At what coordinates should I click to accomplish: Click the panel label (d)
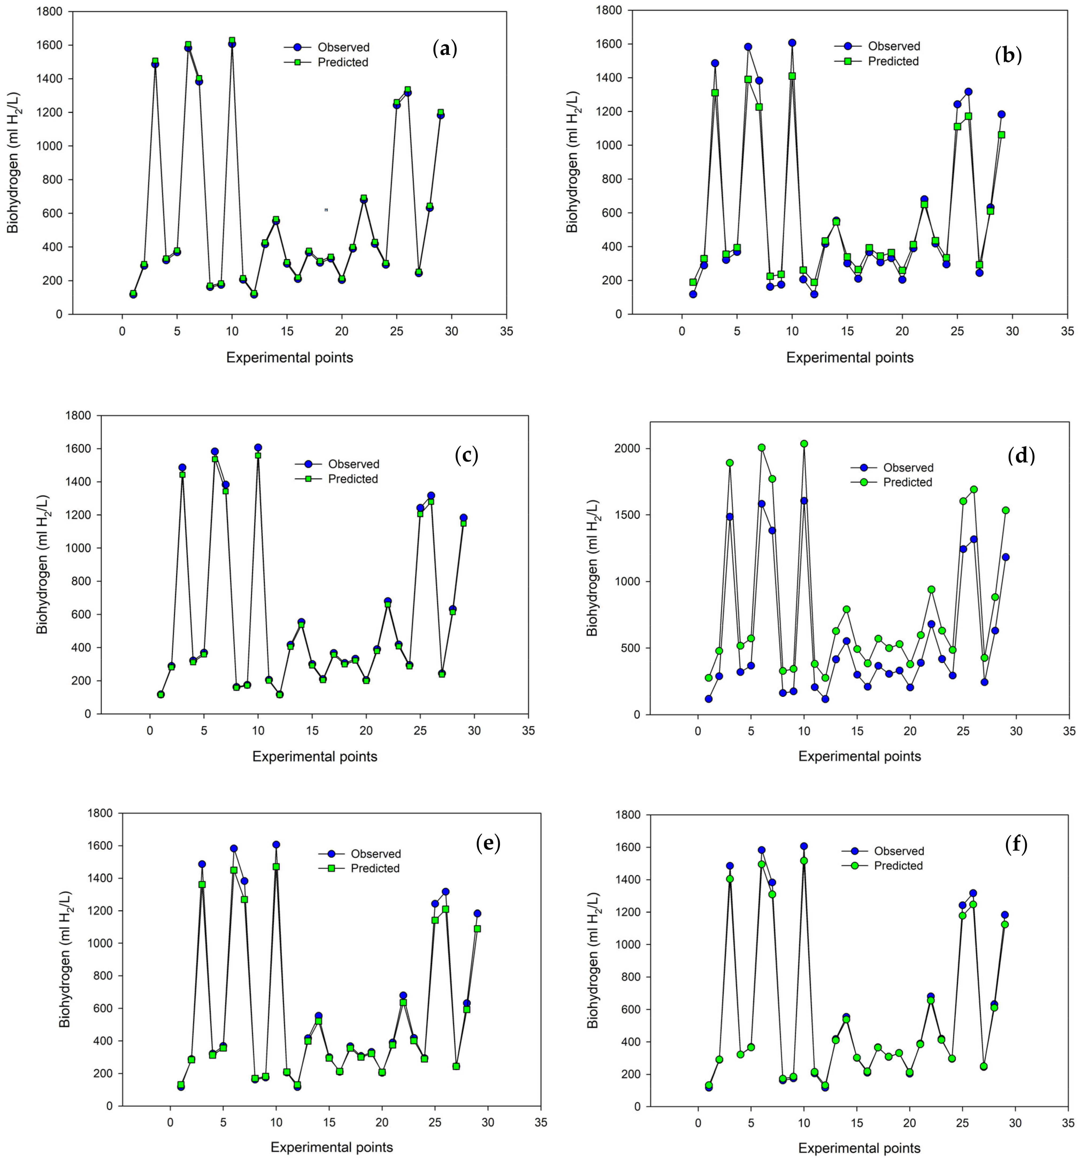click(1021, 455)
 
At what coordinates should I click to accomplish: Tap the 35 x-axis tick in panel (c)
click(528, 730)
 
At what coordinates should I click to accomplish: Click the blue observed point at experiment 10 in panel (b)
click(792, 43)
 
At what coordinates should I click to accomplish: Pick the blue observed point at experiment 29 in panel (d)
click(1005, 557)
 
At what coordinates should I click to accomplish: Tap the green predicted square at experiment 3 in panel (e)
click(202, 884)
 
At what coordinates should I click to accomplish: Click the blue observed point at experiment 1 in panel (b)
click(693, 294)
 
